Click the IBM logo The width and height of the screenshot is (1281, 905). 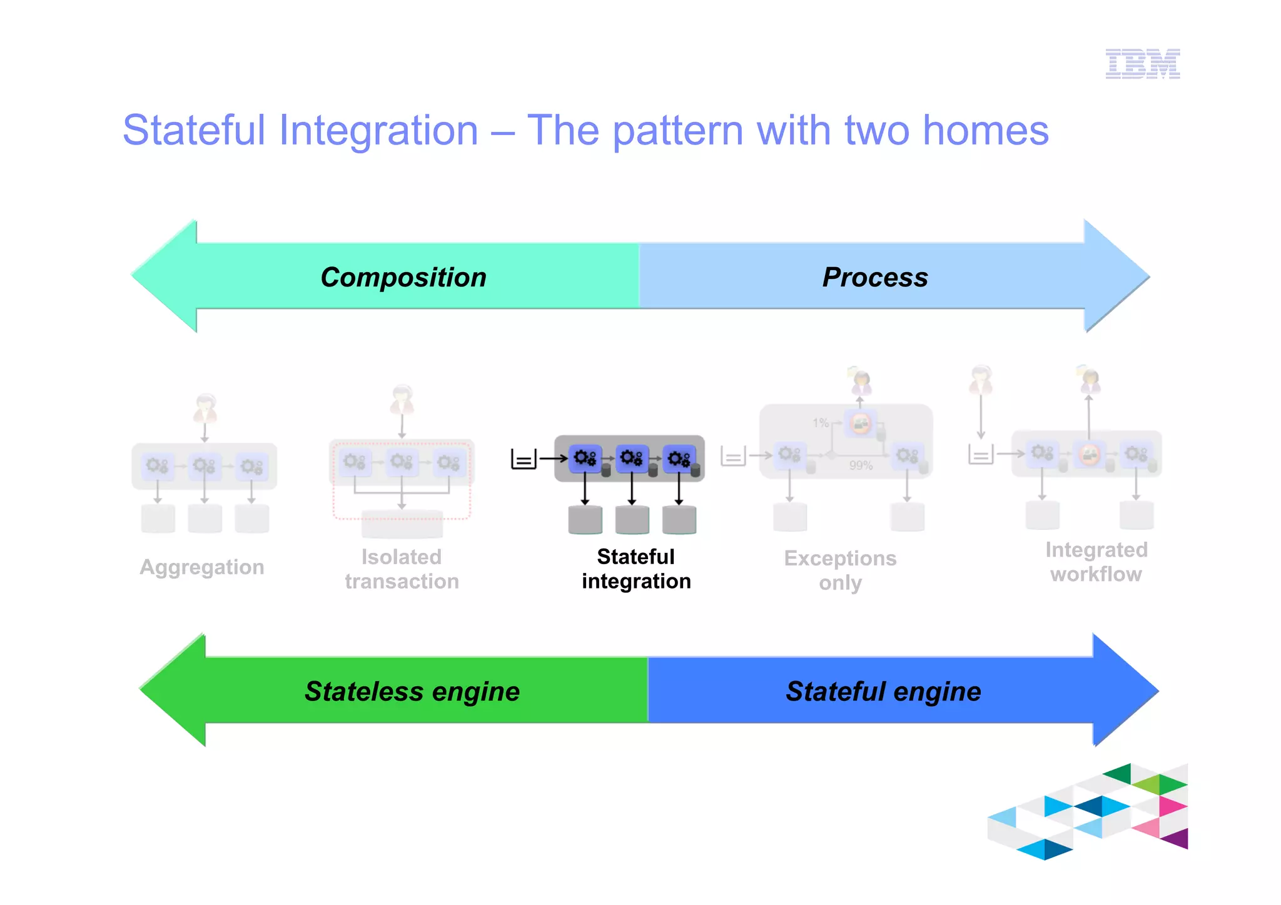(1142, 64)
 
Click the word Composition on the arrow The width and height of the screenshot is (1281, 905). (403, 277)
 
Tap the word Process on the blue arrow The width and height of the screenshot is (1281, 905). (874, 277)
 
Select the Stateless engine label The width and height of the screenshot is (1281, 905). (412, 691)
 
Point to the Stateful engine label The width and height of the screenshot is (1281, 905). (883, 691)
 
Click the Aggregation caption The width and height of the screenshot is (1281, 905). (202, 567)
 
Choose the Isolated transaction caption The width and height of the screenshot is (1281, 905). (402, 569)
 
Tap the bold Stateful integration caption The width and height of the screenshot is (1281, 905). (635, 569)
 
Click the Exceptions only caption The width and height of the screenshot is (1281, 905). (840, 570)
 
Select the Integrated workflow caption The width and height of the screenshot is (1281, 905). (1096, 562)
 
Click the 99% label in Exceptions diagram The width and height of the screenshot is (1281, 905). (861, 465)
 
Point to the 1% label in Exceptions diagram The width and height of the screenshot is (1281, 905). (821, 423)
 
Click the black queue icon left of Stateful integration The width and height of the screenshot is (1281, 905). (524, 458)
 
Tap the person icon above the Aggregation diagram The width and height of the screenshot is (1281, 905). (205, 408)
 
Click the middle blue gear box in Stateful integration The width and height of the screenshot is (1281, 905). (632, 458)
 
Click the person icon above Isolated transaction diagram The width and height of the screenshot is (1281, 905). (402, 400)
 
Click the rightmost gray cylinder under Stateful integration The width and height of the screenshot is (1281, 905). (679, 520)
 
